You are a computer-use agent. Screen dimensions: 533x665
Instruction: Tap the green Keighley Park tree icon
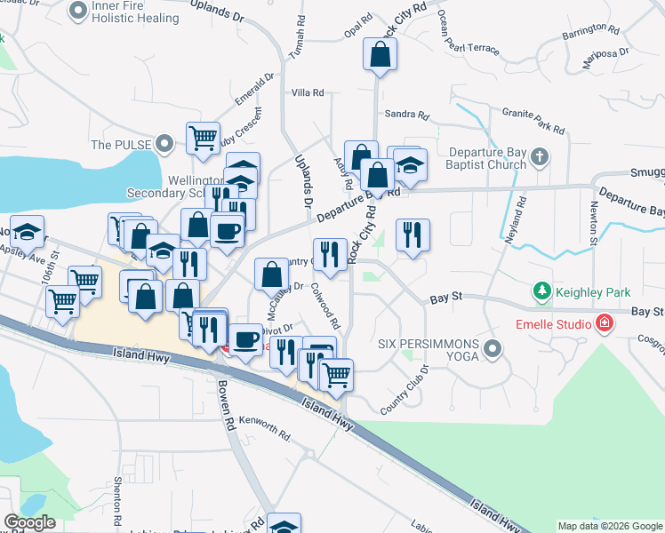coord(541,290)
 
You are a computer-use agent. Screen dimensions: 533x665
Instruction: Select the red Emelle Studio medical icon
coord(605,323)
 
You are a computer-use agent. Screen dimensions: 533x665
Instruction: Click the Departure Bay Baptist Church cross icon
coord(539,159)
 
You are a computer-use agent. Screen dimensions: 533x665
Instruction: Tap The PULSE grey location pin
coord(164,143)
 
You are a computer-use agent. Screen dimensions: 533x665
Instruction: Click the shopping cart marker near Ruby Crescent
coord(204,139)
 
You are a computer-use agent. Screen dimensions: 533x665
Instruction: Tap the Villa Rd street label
coord(308,92)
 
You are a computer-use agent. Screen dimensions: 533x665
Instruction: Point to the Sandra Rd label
coord(407,115)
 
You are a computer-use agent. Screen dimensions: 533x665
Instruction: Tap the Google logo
coord(28,522)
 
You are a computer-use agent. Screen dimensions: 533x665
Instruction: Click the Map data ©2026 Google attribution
coord(609,526)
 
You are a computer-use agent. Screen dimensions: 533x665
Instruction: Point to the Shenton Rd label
coord(118,494)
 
